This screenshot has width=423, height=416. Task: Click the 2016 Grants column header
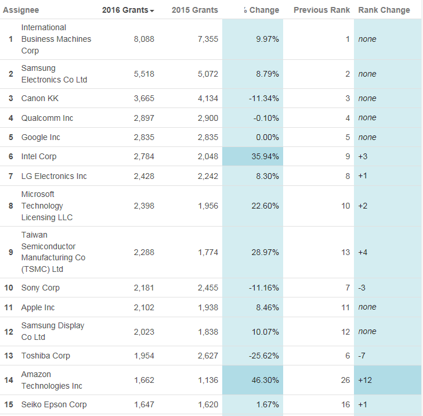point(125,10)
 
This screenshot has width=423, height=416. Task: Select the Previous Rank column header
point(321,10)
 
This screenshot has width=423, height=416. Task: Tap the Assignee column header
point(21,10)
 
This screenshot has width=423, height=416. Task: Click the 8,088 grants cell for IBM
point(143,39)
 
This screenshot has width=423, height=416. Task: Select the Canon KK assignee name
point(40,98)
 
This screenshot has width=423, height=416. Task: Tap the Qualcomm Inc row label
point(47,118)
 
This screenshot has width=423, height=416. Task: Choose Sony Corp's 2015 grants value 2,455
point(208,288)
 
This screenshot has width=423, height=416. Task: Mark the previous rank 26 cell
point(345,380)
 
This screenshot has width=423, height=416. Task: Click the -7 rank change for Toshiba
point(362,356)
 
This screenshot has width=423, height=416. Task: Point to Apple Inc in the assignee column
point(38,307)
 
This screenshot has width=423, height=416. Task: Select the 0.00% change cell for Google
point(266,137)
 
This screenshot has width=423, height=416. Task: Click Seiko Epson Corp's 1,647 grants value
point(143,404)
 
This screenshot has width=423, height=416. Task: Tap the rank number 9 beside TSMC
point(10,252)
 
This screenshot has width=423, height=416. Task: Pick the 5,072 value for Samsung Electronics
point(208,74)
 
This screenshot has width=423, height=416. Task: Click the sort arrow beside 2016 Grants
point(152,11)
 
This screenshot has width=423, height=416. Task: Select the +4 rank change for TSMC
point(363,252)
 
